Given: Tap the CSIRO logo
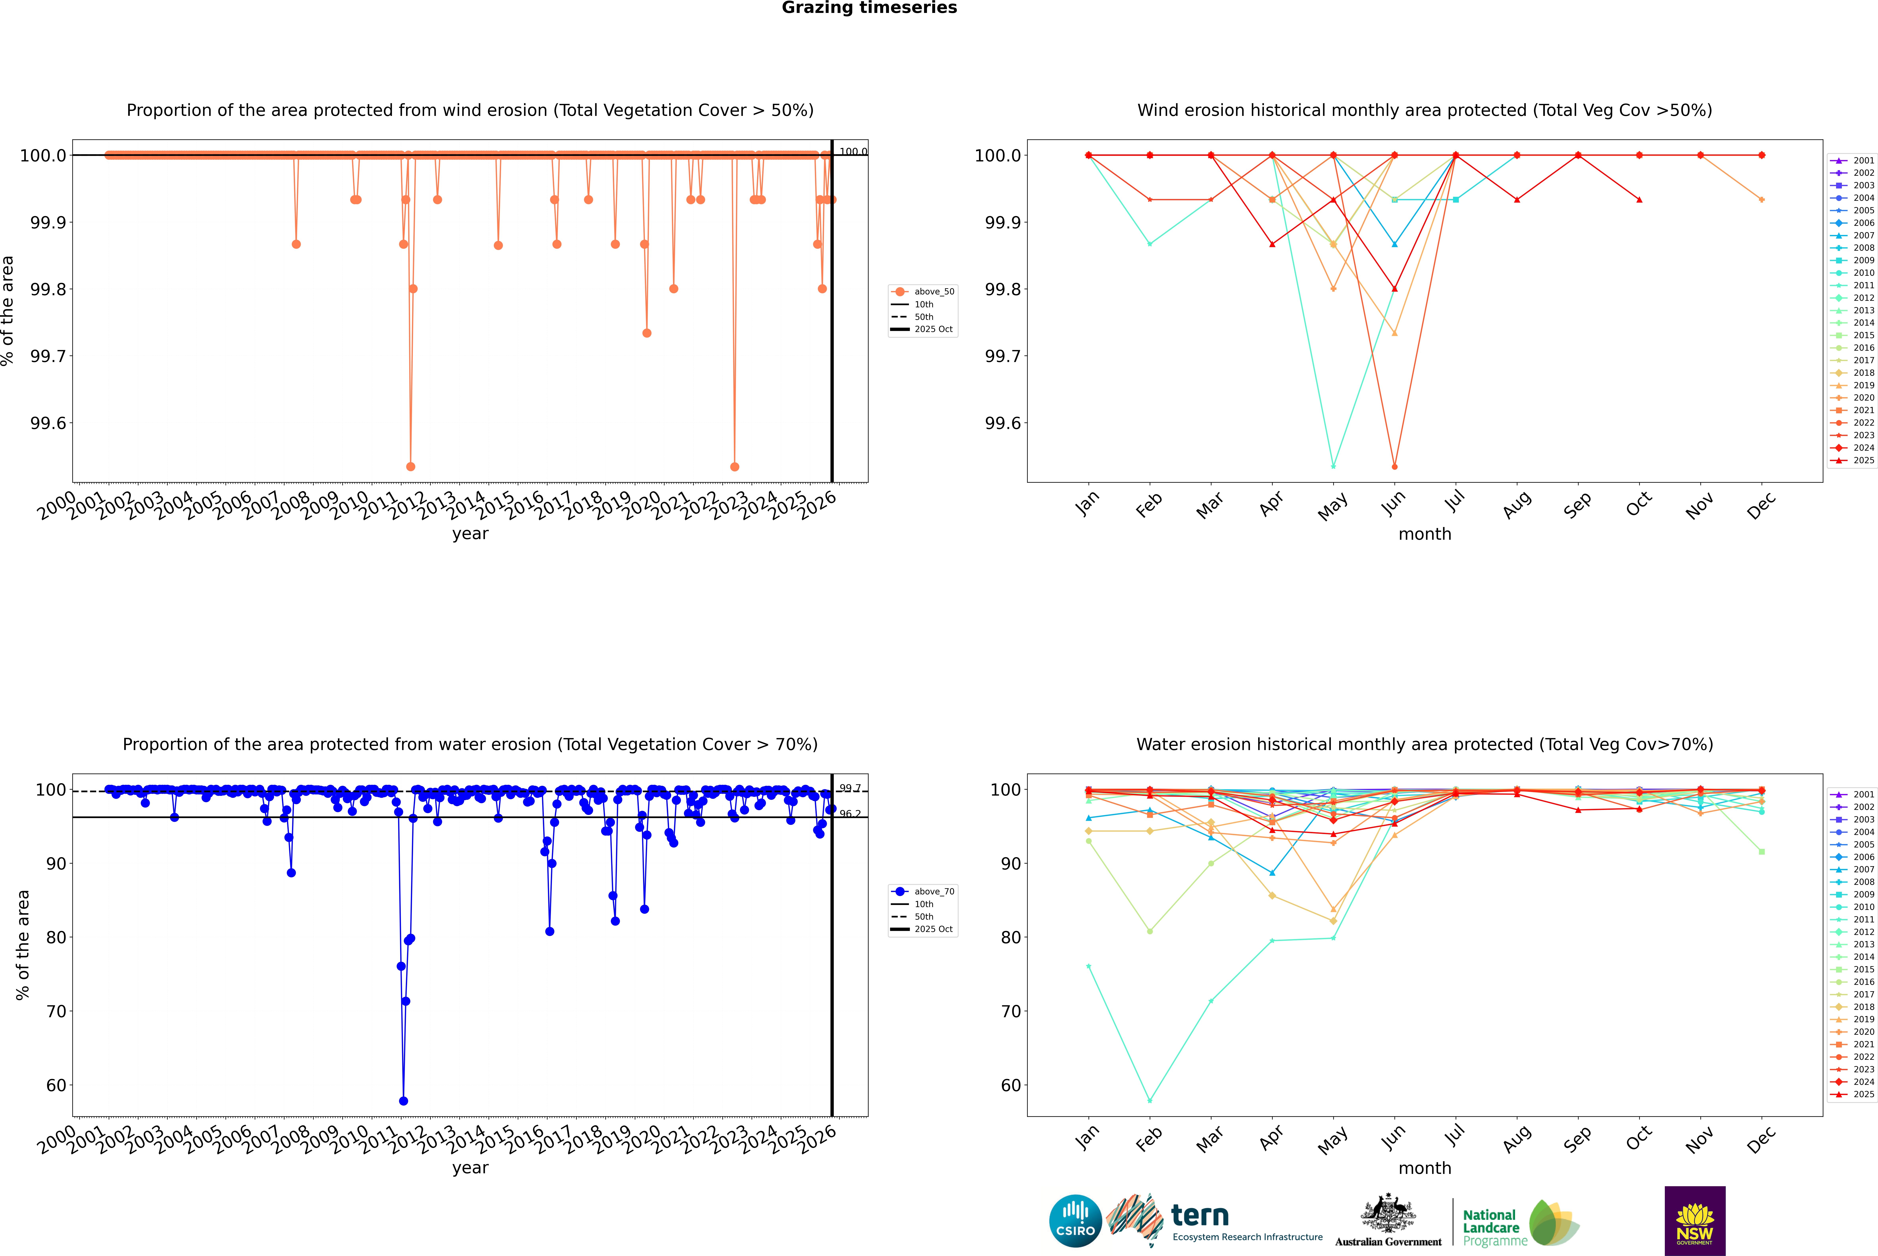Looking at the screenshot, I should click(x=1075, y=1221).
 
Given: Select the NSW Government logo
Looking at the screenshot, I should click(x=1695, y=1221).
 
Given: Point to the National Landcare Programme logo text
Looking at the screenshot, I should click(x=1491, y=1227).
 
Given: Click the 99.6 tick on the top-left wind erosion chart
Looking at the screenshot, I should click(x=48, y=423).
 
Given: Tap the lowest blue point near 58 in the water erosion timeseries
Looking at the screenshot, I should click(x=403, y=1101).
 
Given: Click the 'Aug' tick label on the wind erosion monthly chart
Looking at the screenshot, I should click(x=1517, y=505).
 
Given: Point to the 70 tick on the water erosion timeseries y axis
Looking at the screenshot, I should click(x=56, y=1011).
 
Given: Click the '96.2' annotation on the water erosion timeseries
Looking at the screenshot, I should click(x=850, y=814).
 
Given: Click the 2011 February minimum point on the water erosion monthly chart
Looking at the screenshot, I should click(x=1149, y=1101).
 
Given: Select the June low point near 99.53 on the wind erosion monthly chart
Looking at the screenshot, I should click(x=1394, y=466).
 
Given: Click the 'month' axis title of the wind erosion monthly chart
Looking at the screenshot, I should click(x=1424, y=534).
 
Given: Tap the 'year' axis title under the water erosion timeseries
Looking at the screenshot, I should click(x=470, y=1168).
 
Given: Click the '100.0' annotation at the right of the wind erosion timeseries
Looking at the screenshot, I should click(x=852, y=151).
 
